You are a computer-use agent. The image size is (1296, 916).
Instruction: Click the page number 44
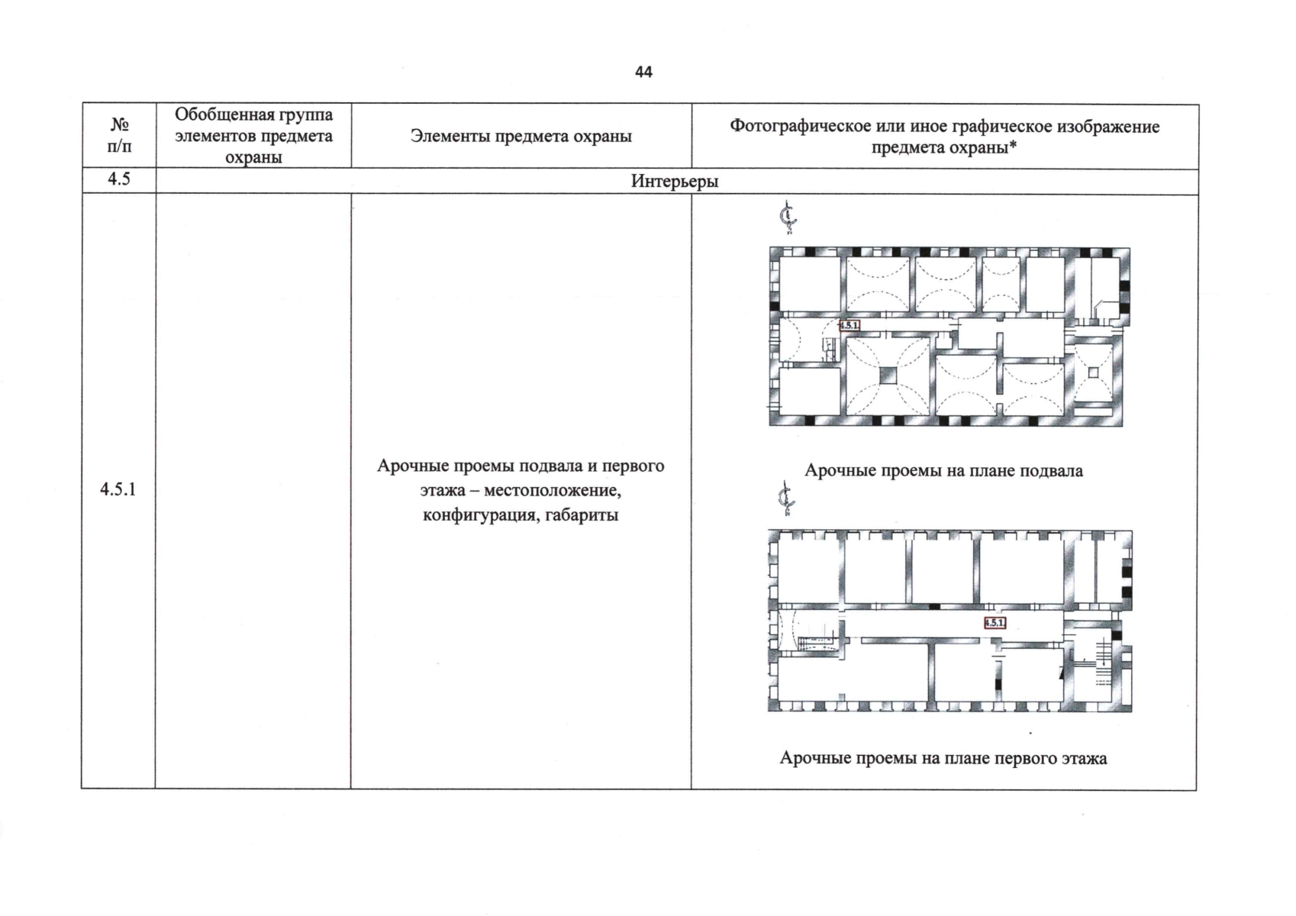(643, 72)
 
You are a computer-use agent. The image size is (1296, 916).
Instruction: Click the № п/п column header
(119, 135)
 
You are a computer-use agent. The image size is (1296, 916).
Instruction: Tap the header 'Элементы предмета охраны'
(521, 136)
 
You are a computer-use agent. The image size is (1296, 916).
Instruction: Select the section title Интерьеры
(674, 181)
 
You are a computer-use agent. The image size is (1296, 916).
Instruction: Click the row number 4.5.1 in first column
(118, 489)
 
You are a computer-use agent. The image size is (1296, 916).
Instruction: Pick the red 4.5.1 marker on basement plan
(849, 325)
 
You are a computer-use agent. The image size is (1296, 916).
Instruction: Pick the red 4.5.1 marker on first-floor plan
(995, 623)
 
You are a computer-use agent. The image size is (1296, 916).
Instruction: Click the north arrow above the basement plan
(788, 217)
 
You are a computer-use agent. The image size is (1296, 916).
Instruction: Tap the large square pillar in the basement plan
(888, 375)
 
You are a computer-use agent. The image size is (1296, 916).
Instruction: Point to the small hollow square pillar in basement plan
(1093, 373)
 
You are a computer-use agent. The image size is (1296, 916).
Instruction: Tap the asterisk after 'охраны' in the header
(1013, 147)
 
